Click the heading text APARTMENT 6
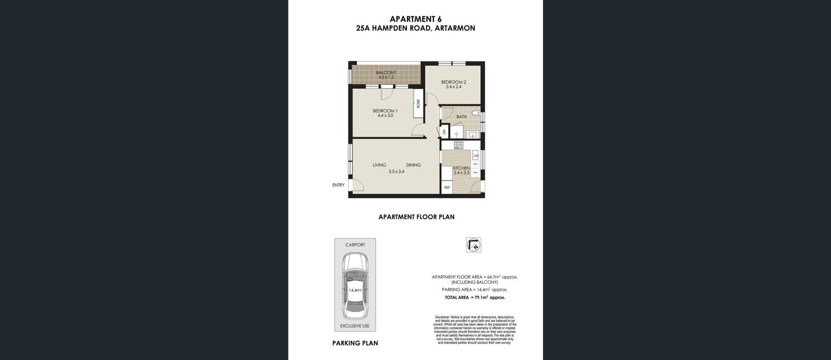pyautogui.click(x=415, y=18)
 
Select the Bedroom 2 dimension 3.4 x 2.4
pyautogui.click(x=453, y=87)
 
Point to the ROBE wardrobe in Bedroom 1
pyautogui.click(x=418, y=104)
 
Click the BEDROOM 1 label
pyautogui.click(x=385, y=111)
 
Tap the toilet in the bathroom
pyautogui.click(x=476, y=112)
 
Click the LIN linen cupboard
pyautogui.click(x=444, y=132)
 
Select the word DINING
pyautogui.click(x=413, y=165)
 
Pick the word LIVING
pyautogui.click(x=379, y=165)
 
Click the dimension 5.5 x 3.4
pyautogui.click(x=396, y=171)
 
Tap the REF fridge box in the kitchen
pyautogui.click(x=447, y=187)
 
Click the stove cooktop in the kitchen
pyautogui.click(x=459, y=145)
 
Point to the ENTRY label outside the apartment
pyautogui.click(x=338, y=185)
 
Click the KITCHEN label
pyautogui.click(x=461, y=168)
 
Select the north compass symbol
pyautogui.click(x=473, y=245)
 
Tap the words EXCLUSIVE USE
pyautogui.click(x=354, y=326)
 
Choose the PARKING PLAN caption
pyautogui.click(x=355, y=343)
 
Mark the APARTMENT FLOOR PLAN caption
pyautogui.click(x=416, y=217)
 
